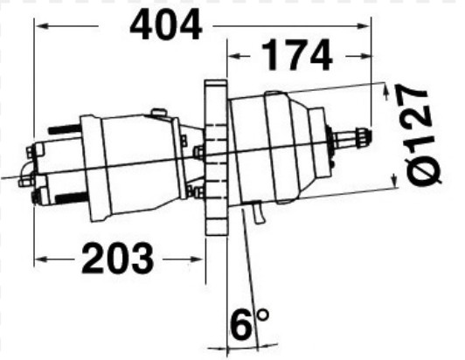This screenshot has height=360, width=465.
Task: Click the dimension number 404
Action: click(166, 24)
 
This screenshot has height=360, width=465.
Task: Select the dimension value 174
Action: click(297, 55)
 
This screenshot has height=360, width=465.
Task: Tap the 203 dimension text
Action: click(117, 258)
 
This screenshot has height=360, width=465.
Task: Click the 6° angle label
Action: click(249, 324)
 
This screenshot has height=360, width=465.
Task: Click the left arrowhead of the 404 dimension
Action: click(42, 26)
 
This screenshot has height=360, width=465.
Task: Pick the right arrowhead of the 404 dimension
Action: click(364, 26)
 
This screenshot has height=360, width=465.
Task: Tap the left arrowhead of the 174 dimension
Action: click(234, 56)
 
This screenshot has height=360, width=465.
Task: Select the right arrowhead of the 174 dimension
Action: click(364, 56)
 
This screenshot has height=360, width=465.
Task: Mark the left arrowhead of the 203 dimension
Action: click(41, 260)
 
